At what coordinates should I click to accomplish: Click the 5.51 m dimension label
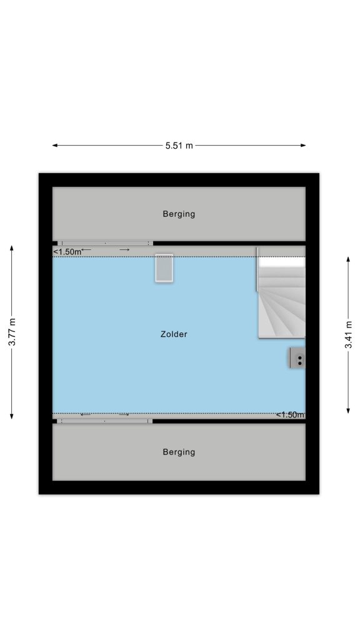pyautogui.click(x=179, y=145)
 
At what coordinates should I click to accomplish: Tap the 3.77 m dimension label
pyautogui.click(x=12, y=332)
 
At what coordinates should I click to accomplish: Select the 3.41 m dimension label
pyautogui.click(x=348, y=335)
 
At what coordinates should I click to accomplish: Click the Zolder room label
pyautogui.click(x=174, y=334)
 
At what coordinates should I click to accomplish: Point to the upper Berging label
pyautogui.click(x=179, y=214)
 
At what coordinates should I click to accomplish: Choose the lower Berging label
pyautogui.click(x=179, y=452)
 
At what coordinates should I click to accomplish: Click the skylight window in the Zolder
pyautogui.click(x=164, y=267)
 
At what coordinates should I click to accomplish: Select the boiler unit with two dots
pyautogui.click(x=297, y=358)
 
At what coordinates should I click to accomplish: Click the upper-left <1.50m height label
pyautogui.click(x=67, y=252)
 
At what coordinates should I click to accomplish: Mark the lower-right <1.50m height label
pyautogui.click(x=290, y=415)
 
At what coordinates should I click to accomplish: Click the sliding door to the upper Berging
pyautogui.click(x=105, y=243)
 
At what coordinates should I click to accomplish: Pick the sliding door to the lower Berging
pyautogui.click(x=104, y=421)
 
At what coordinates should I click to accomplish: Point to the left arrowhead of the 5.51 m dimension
pyautogui.click(x=55, y=145)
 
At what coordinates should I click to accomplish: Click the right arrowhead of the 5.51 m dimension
pyautogui.click(x=303, y=145)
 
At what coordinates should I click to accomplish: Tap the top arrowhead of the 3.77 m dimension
pyautogui.click(x=12, y=248)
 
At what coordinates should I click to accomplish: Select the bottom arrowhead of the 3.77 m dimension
pyautogui.click(x=12, y=416)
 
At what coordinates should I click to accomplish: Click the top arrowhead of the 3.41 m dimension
pyautogui.click(x=348, y=259)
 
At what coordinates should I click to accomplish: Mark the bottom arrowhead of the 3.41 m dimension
pyautogui.click(x=348, y=411)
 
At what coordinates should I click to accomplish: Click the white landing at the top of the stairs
pyautogui.click(x=282, y=262)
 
